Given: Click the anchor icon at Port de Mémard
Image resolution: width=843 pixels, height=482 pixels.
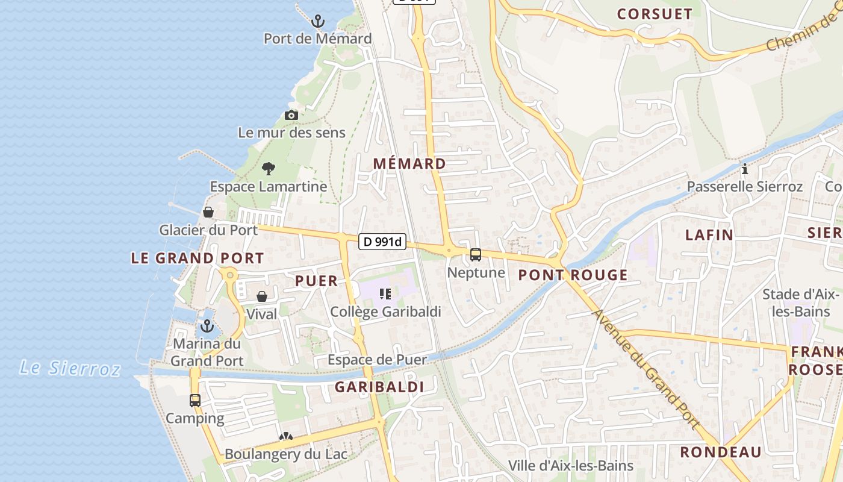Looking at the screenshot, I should tap(317, 22).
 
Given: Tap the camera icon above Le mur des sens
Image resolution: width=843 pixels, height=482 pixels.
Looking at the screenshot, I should tap(291, 115).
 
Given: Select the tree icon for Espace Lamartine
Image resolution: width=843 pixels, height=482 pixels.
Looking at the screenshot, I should tap(269, 169).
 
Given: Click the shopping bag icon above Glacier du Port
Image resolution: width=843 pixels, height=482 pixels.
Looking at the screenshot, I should tap(208, 212).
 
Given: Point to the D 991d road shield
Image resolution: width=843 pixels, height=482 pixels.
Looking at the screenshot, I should tap(382, 242).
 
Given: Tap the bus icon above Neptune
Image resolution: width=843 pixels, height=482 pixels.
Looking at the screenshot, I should tap(476, 255).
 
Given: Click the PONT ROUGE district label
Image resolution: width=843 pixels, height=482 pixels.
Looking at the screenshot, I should tap(573, 275).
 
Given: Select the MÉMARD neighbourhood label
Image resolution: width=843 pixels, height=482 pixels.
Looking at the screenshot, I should tap(409, 163).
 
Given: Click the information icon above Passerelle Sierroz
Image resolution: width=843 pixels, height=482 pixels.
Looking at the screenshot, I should tap(745, 169).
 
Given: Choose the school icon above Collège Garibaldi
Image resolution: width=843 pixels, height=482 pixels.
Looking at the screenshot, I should tap(385, 294).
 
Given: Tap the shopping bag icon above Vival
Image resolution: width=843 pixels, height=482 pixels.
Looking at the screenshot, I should tap(262, 296).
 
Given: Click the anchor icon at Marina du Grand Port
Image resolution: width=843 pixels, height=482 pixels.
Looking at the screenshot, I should tap(207, 327).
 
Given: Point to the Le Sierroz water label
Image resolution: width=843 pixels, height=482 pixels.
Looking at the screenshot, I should tap(70, 368).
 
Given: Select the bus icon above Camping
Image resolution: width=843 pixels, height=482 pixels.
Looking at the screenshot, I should tap(195, 401).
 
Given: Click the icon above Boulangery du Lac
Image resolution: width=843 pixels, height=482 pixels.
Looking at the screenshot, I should tap(285, 436).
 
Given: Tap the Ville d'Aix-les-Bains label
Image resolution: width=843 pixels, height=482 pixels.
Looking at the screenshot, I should tap(571, 466).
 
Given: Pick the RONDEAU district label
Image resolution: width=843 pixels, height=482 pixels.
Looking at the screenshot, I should tap(721, 452).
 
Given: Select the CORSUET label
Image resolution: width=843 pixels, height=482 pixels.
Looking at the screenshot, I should tap(655, 14).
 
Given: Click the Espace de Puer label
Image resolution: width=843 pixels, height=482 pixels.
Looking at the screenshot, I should tap(377, 360).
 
